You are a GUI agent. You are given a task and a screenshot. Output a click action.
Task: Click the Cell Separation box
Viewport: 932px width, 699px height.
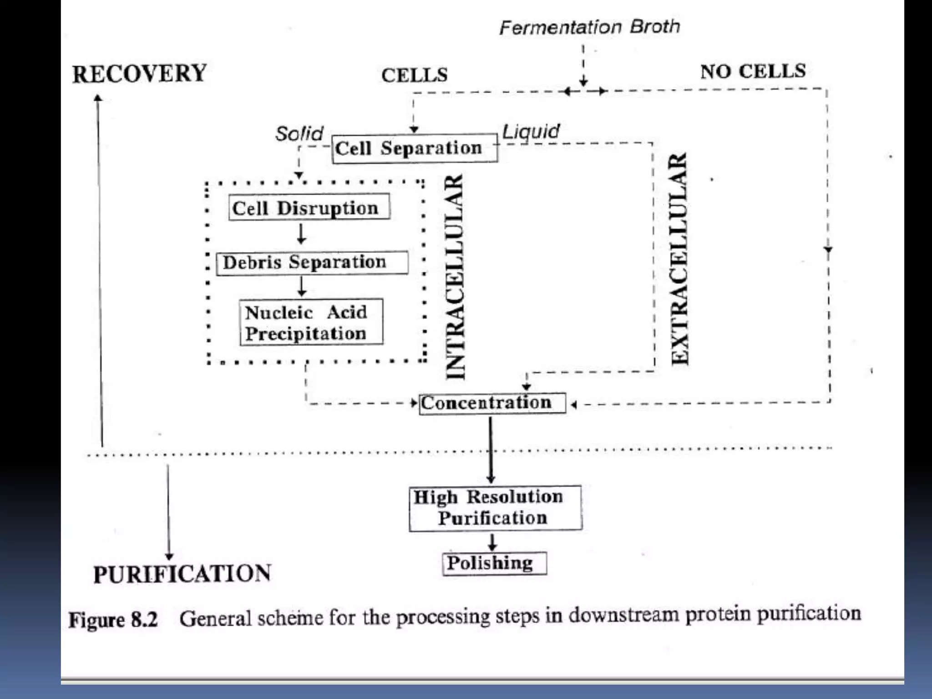414,148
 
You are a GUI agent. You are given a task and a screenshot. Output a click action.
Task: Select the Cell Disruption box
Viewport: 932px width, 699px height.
309,208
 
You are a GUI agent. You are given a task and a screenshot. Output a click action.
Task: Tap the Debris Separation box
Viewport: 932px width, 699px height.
312,263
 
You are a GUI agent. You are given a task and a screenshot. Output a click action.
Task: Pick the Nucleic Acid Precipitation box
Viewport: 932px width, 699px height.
311,322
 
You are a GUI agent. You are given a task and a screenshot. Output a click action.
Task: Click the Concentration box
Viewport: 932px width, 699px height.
492,403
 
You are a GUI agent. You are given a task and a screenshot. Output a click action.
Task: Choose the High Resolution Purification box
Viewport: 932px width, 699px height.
495,508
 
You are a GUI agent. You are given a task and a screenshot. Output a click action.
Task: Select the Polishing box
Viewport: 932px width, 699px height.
494,563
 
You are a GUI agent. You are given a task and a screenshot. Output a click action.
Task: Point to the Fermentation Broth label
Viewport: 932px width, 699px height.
589,27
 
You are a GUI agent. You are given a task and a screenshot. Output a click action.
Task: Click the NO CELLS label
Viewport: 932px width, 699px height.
753,71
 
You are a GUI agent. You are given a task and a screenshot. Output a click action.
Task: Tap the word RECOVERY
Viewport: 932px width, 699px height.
139,74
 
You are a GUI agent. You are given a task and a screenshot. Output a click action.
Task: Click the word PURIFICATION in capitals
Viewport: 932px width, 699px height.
182,574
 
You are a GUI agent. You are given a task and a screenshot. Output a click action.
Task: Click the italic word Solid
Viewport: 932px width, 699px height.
299,134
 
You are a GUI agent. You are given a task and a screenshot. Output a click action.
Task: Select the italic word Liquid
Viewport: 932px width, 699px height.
531,132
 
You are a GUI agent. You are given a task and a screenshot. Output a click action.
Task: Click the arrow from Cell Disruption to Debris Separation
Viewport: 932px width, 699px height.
301,234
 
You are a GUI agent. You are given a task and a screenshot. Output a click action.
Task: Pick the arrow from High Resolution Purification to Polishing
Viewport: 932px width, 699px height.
492,542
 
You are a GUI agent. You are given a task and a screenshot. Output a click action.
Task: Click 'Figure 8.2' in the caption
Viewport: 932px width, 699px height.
113,620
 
